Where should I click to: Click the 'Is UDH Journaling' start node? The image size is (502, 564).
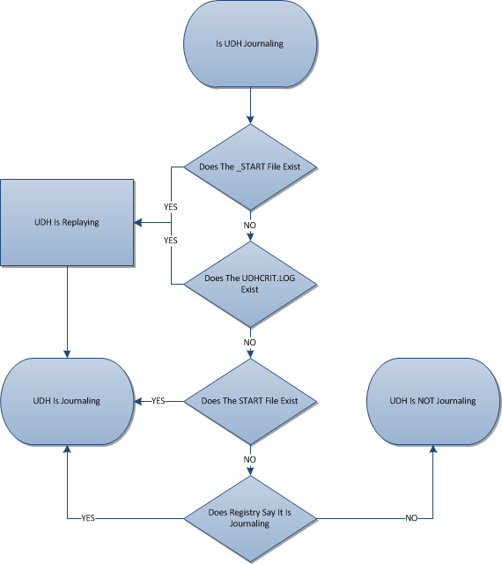point(250,44)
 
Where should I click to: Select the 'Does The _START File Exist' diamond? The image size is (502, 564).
point(250,167)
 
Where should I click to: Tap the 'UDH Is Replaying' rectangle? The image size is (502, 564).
point(67,223)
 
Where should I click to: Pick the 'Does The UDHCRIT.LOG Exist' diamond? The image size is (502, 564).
point(250,285)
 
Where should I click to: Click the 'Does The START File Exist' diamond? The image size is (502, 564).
point(250,402)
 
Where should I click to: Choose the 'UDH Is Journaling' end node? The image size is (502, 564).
point(67,402)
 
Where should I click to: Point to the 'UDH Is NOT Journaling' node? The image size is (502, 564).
point(433,402)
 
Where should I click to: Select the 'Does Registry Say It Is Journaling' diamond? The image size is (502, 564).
point(250,519)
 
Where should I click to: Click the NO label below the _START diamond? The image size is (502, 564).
point(250,226)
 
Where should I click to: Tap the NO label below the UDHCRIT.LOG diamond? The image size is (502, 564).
point(250,343)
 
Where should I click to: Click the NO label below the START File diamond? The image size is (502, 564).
point(250,460)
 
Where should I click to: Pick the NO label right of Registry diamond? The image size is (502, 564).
point(412,518)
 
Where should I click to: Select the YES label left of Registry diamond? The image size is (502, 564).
point(88,518)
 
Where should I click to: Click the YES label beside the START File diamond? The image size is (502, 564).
point(159,401)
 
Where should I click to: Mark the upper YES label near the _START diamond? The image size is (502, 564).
point(171,207)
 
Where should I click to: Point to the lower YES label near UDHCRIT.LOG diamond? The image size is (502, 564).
point(171,241)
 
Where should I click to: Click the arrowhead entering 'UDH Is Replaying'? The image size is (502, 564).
point(137,223)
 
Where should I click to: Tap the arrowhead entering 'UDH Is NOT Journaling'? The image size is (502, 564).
point(433,449)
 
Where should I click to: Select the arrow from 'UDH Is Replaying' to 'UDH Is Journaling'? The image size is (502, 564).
point(67,312)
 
